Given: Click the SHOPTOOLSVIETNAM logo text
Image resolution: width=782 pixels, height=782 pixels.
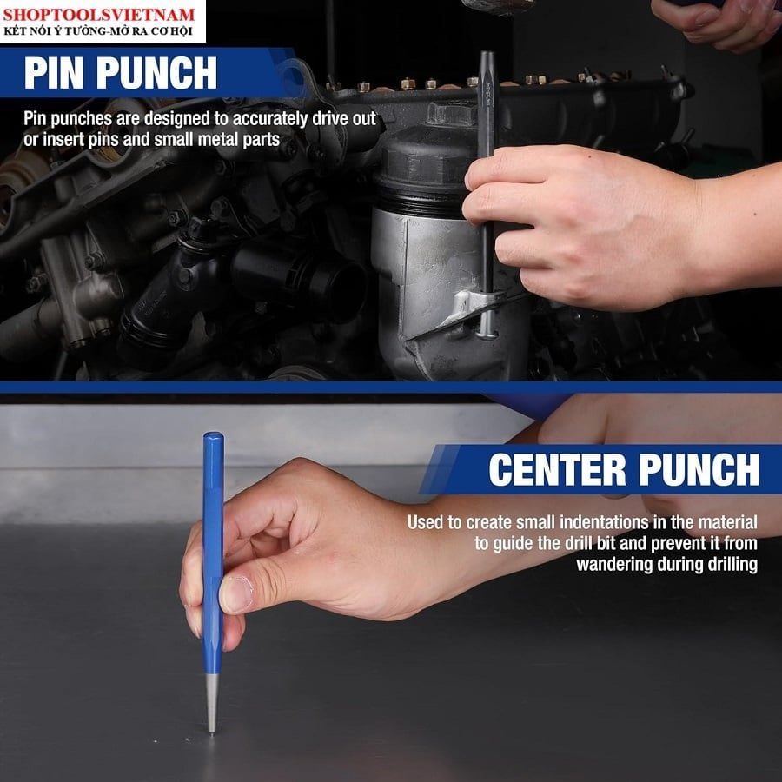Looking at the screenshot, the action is coord(99,14).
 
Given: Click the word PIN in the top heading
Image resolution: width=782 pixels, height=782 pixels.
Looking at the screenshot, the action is coord(54,73).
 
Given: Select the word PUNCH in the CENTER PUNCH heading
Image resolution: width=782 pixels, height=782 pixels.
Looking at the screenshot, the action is coord(699,469).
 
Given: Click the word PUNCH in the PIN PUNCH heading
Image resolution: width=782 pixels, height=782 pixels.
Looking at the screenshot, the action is coord(156,73).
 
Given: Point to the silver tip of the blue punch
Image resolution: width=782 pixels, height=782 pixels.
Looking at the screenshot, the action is coord(212,704).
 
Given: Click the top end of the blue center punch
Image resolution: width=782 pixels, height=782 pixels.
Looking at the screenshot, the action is coord(213,435).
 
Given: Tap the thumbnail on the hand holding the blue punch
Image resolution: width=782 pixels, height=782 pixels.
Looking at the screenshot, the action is coord(236,593).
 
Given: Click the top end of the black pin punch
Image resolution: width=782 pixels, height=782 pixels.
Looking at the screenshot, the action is coord(487,54).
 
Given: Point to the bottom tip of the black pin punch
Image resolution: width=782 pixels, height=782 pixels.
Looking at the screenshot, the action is coord(487,335).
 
